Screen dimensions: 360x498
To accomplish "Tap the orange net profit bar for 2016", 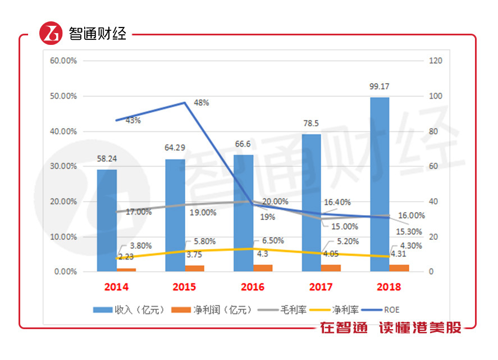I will [263, 268].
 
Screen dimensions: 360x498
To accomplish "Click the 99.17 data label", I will [380, 86].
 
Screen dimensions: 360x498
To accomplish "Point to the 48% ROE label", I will [202, 103].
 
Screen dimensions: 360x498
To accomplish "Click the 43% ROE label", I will [133, 120].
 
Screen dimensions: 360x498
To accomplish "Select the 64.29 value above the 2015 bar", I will [175, 148].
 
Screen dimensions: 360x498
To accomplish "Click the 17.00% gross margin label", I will [138, 212].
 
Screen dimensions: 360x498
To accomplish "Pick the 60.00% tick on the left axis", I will [63, 61].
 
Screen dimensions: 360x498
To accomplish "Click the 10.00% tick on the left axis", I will [63, 236].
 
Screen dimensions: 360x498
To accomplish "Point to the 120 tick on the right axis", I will [434, 61].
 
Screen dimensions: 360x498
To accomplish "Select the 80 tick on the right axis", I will [432, 131].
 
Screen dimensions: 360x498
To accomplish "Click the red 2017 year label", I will [321, 287].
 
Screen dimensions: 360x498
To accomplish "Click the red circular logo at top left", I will [51, 34].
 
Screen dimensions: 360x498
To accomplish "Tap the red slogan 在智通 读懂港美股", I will [391, 328].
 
